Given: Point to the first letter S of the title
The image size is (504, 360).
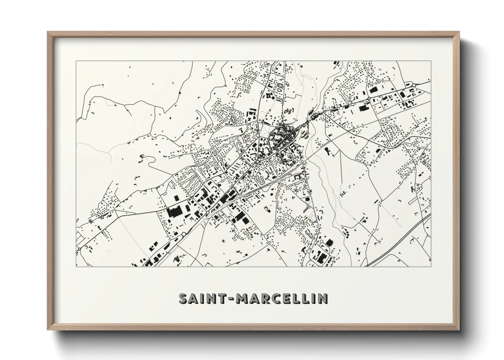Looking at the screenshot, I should point(183,298).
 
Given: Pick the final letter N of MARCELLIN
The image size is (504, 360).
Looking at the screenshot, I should point(323,298).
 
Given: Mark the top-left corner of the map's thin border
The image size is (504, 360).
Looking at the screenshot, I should point(76,61).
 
